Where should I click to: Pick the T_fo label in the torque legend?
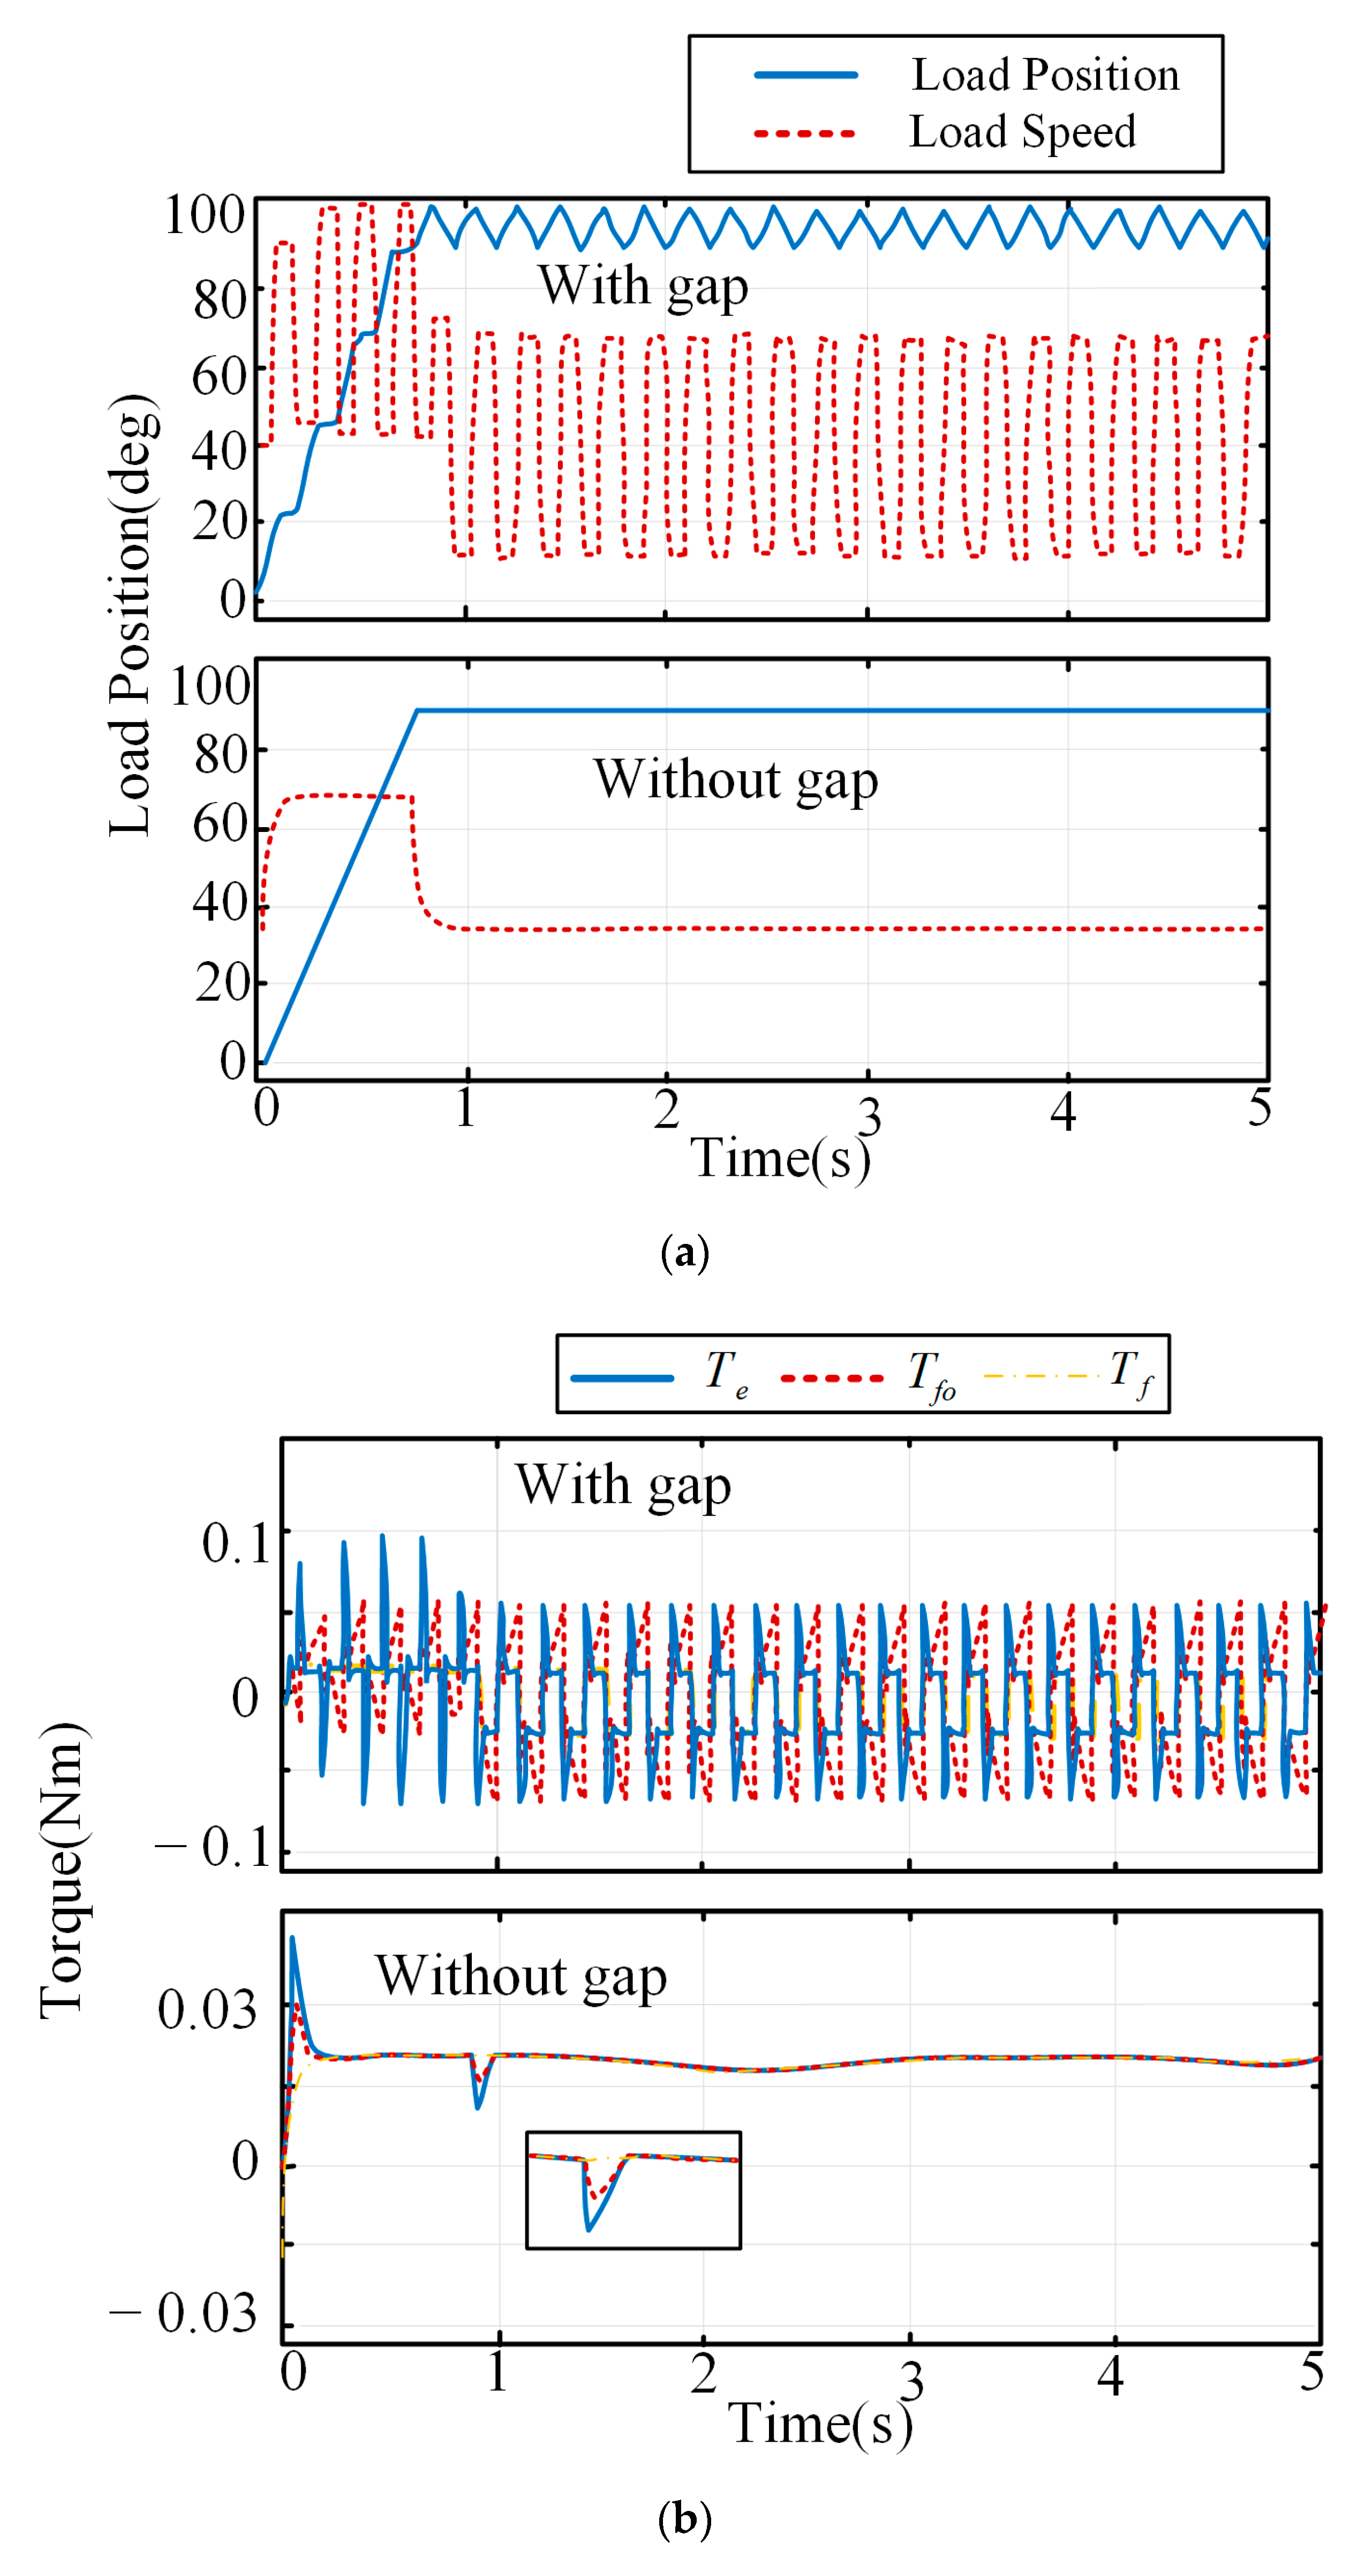pyautogui.click(x=931, y=1376)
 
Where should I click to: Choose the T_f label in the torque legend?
pyautogui.click(x=1130, y=1374)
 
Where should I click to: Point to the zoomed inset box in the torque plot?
pyautogui.click(x=633, y=2189)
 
